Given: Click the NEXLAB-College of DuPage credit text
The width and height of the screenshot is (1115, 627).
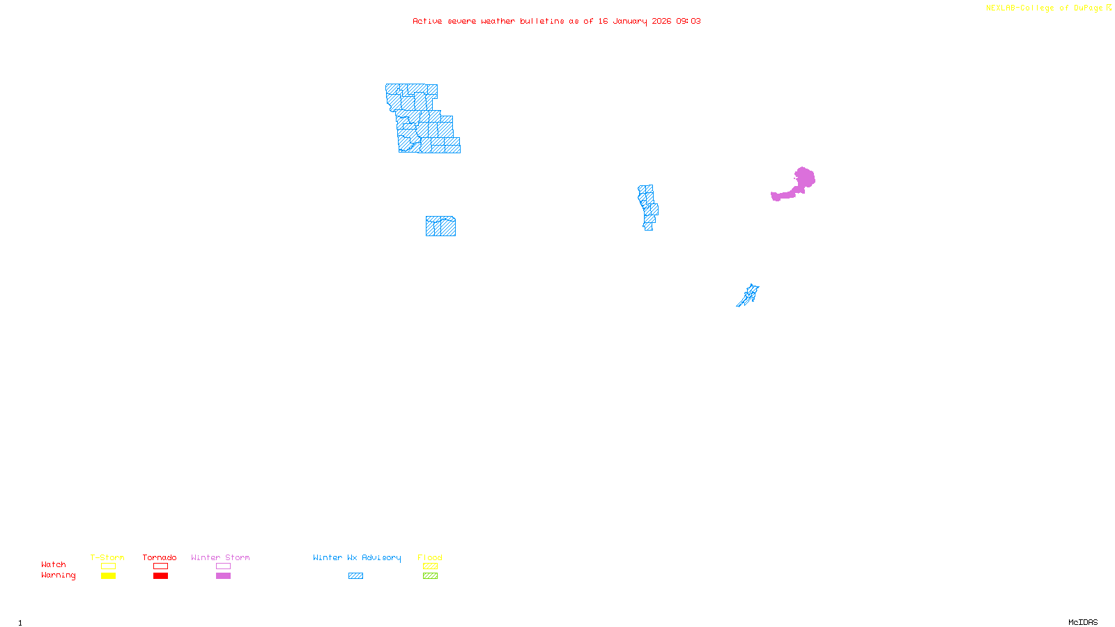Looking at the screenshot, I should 1045,8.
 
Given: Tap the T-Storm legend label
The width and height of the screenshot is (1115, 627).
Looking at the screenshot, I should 107,557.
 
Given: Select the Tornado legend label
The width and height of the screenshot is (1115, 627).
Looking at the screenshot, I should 160,557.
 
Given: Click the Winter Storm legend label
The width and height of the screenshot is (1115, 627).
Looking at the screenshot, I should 220,557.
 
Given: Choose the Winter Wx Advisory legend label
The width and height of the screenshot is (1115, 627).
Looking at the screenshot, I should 357,557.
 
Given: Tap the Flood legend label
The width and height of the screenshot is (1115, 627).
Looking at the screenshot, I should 430,557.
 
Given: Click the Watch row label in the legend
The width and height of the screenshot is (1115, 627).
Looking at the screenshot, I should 54,565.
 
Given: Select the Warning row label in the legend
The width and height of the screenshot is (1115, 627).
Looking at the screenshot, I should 58,575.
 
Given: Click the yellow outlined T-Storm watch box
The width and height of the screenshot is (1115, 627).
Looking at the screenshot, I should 108,566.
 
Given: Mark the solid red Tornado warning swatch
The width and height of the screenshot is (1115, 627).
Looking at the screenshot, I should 160,576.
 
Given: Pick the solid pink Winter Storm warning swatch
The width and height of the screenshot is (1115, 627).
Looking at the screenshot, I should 223,576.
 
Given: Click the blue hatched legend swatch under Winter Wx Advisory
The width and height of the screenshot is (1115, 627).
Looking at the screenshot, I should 355,576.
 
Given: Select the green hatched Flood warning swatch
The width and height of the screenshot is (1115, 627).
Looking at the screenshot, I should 430,576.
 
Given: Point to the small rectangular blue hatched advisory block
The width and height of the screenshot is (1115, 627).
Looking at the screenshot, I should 440,226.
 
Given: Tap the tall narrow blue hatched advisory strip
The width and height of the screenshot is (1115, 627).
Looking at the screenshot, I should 648,207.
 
